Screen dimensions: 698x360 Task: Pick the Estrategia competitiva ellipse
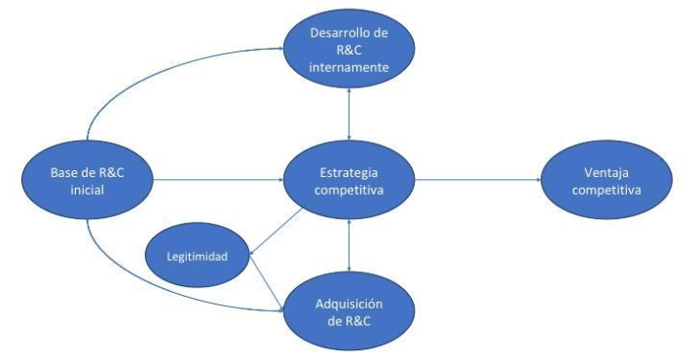(349, 180)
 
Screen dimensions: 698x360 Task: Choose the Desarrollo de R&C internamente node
(348, 51)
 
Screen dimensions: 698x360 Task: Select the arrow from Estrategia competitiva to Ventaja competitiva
(477, 180)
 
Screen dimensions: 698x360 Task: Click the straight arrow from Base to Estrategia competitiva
(218, 180)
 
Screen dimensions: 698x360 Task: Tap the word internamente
(348, 69)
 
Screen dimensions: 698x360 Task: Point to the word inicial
(88, 190)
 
